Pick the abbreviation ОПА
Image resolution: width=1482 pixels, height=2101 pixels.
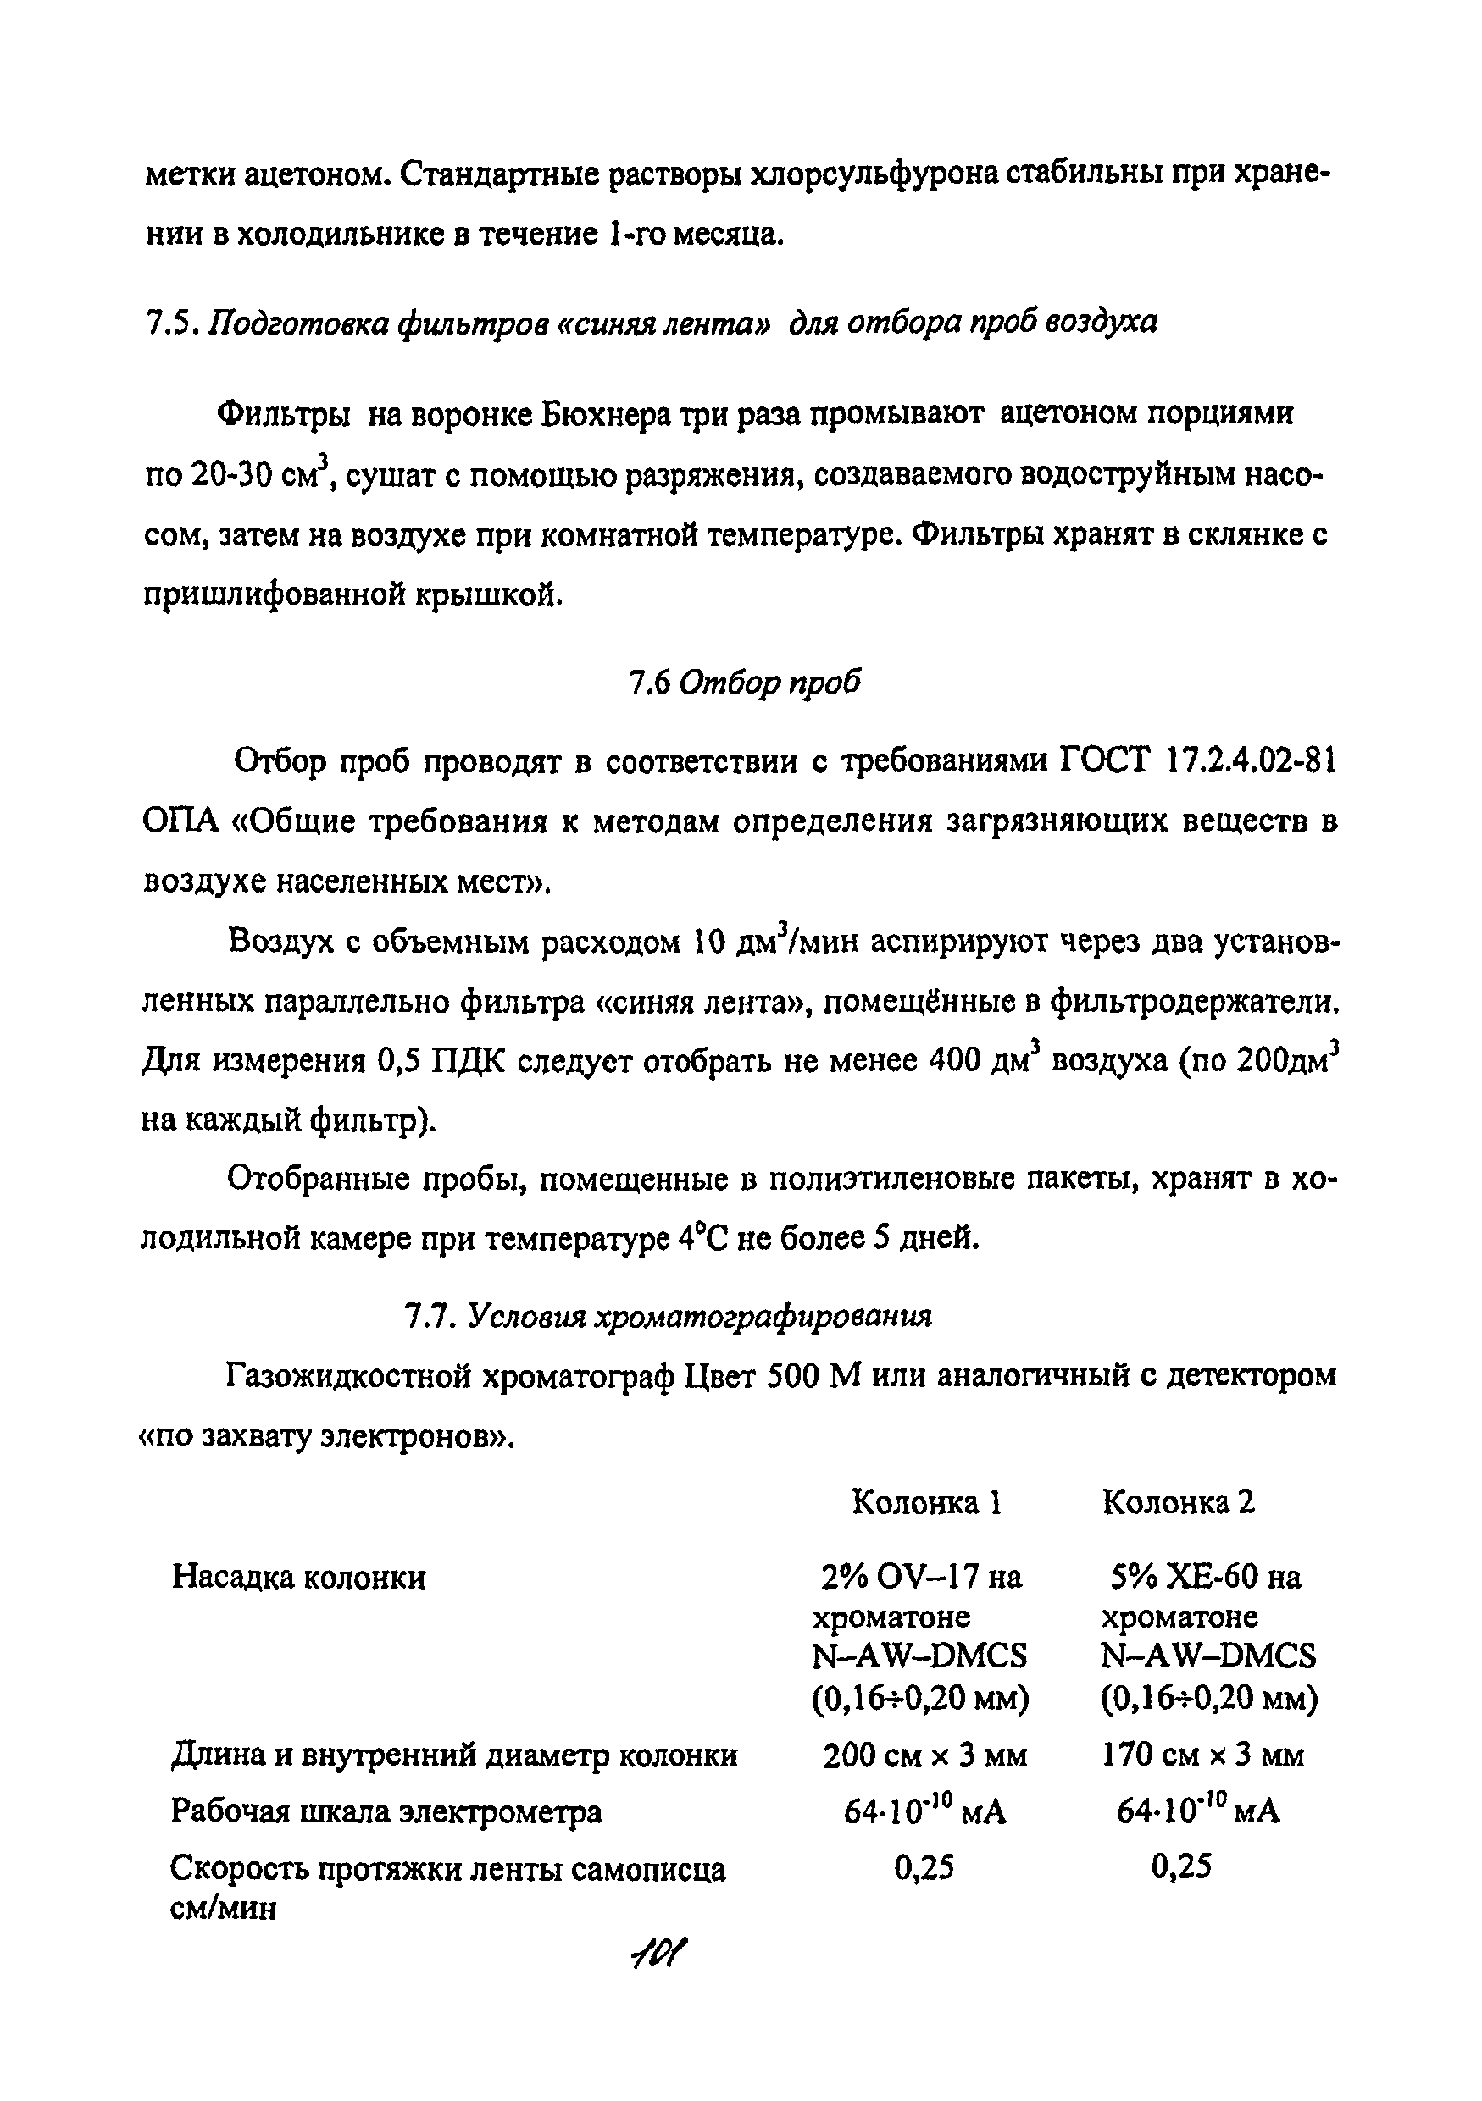(x=181, y=821)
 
